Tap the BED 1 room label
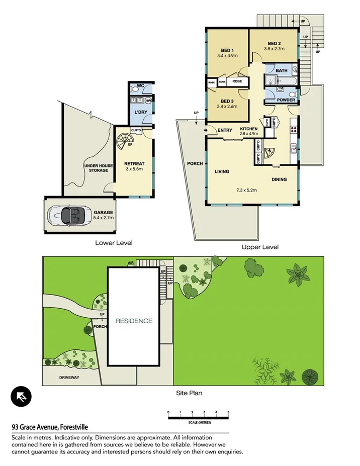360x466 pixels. pyautogui.click(x=227, y=50)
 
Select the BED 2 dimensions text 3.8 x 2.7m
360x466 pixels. pyautogui.click(x=275, y=49)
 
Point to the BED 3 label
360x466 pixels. pyautogui.click(x=227, y=101)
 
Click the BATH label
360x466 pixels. pyautogui.click(x=281, y=71)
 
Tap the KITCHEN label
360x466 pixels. pyautogui.click(x=248, y=129)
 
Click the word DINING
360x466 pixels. pyautogui.click(x=280, y=179)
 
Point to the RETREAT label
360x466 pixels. pyautogui.click(x=134, y=163)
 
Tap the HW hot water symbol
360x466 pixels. pyautogui.click(x=148, y=101)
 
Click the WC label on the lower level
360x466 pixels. pyautogui.click(x=141, y=86)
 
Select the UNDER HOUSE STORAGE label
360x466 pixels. pyautogui.click(x=96, y=168)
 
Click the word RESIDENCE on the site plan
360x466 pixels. pyautogui.click(x=134, y=321)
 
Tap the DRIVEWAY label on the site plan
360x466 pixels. pyautogui.click(x=69, y=377)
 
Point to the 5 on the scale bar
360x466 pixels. pyautogui.click(x=228, y=412)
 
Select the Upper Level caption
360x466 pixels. pyautogui.click(x=259, y=247)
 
